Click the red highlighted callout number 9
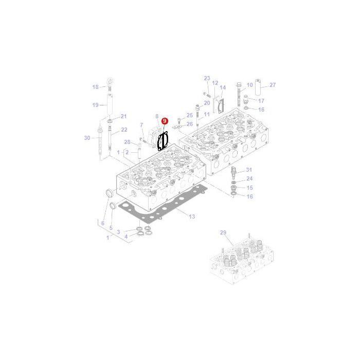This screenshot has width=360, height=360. (165, 120)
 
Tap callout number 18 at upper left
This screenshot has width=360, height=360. (95, 87)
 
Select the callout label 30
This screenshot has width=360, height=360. (86, 138)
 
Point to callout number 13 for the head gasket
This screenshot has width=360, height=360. (192, 217)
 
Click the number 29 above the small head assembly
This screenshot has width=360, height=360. (223, 233)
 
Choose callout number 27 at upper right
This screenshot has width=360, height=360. (273, 85)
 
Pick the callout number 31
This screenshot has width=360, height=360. (249, 170)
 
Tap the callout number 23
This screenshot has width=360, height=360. (207, 78)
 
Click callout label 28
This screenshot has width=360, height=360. (127, 142)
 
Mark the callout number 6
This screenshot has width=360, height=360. (102, 223)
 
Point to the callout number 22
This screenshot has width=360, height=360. (124, 130)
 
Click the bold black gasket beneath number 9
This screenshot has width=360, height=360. (164, 140)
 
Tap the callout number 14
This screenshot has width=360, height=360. (223, 87)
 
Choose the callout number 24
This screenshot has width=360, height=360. (249, 179)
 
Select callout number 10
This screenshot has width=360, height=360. (249, 85)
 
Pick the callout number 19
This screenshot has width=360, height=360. (95, 105)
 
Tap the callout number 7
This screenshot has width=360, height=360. (141, 125)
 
